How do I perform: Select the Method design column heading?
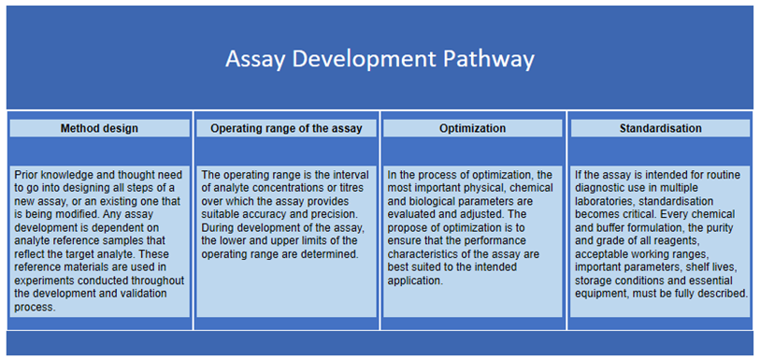tap(99, 128)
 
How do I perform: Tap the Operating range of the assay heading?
tap(286, 128)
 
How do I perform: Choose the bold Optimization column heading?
tap(472, 128)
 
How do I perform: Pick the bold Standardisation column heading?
tap(660, 128)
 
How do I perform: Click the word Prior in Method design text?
tap(28, 175)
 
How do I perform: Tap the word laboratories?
tap(607, 201)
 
